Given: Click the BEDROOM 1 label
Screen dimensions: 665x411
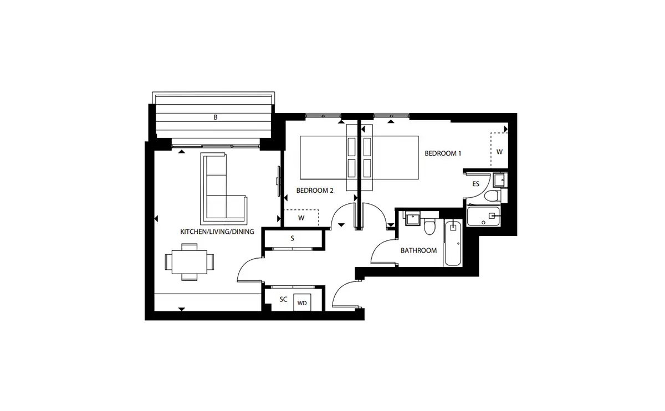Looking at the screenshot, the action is coord(443,153).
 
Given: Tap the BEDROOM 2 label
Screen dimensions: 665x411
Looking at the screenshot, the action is coord(315,191).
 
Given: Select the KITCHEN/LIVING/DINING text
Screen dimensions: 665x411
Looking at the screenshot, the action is coord(217,232).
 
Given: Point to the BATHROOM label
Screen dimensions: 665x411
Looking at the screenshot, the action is coord(418,250).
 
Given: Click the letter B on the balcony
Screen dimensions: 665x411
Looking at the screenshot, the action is coord(216,117).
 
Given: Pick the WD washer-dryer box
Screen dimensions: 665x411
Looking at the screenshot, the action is coord(302,302).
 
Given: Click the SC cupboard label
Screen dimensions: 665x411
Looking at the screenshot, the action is coord(283,300).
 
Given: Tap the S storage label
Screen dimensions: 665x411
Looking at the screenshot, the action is coord(293,238).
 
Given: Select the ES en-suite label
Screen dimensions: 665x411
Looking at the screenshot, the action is coord(475,184).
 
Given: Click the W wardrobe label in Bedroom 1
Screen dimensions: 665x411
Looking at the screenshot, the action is coord(499,152).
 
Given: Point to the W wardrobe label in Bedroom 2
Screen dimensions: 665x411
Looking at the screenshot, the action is coord(301,218).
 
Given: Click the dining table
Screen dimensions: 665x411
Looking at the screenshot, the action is coord(190,262).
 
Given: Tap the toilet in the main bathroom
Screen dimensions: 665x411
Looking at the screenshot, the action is coord(429,226).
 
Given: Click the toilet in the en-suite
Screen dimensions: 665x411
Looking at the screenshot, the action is coord(492,196).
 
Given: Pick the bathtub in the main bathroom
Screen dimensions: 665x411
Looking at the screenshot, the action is coord(453,243).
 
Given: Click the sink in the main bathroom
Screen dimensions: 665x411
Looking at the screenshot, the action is coord(413,219).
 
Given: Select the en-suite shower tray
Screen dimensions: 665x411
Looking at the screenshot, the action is coord(483,217).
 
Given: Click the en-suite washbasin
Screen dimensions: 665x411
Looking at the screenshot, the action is coord(499,180).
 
